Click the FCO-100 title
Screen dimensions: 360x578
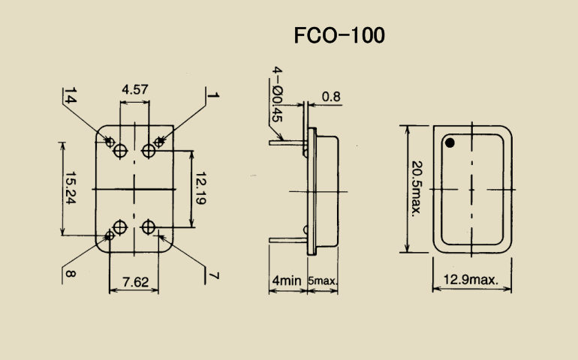point(339,35)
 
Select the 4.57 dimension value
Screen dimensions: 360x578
point(134,90)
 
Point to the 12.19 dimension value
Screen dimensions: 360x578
point(200,188)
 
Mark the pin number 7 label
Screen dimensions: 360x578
point(214,277)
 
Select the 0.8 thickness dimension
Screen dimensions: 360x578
point(331,96)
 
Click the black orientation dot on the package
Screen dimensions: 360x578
point(450,142)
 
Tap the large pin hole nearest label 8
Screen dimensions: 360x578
point(120,226)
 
